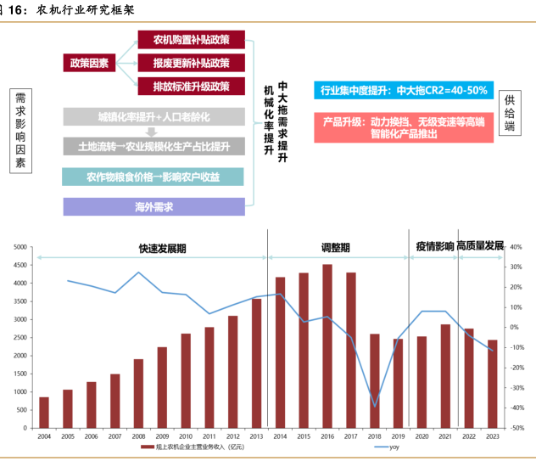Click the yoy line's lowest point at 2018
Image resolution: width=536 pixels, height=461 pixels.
point(375,407)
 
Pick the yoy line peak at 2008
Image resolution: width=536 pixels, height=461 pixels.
point(138,273)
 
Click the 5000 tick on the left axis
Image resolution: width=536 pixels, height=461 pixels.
point(20,247)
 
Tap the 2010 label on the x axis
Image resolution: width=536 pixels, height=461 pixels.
point(185,436)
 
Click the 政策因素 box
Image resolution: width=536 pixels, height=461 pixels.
point(88,64)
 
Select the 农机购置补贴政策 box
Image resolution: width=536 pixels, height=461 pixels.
point(191,40)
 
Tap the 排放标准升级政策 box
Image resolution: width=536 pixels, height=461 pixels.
point(191,87)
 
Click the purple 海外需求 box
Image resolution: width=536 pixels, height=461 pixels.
point(154,206)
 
